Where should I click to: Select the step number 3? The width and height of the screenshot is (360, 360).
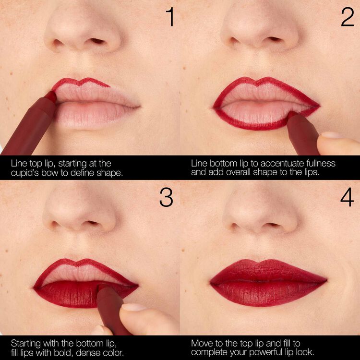pyautogui.click(x=166, y=197)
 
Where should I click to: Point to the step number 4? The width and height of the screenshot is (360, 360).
pyautogui.click(x=347, y=197)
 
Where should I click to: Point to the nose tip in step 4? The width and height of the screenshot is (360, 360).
pyautogui.click(x=259, y=216)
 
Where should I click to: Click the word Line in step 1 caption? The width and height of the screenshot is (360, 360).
pyautogui.click(x=19, y=164)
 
